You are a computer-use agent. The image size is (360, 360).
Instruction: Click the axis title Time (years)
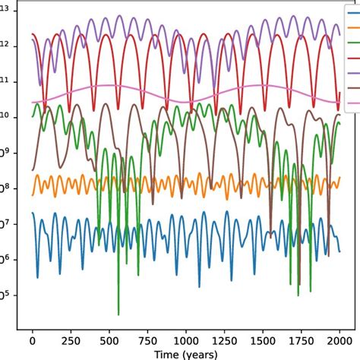[185, 354]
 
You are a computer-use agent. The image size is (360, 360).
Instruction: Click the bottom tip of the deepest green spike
[118, 314]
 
